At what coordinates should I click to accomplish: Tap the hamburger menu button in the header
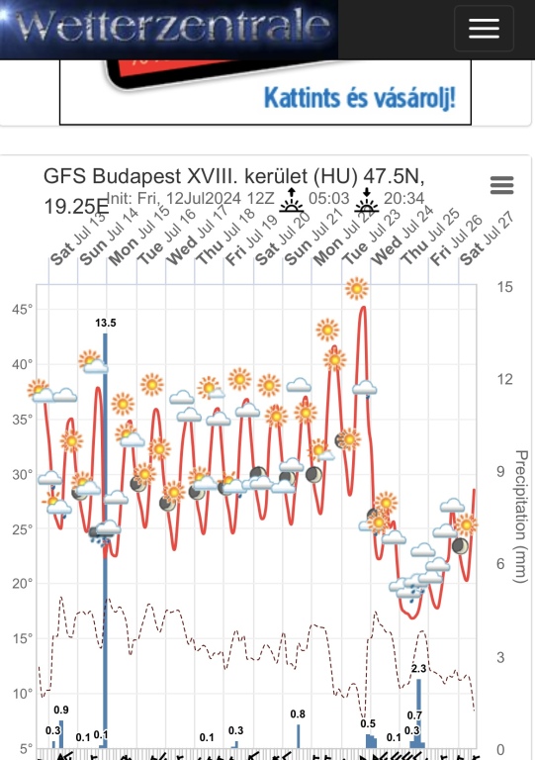point(484,29)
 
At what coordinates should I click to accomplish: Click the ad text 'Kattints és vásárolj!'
point(360,99)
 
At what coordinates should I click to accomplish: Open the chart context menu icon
point(501,185)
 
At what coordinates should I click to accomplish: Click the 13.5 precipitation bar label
point(105,323)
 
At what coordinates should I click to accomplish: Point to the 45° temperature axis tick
point(22,309)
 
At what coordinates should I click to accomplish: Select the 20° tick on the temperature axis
point(22,583)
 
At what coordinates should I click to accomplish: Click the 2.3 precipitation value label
point(418,670)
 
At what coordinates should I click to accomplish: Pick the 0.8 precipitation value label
point(298,713)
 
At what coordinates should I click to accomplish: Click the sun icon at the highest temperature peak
point(357,288)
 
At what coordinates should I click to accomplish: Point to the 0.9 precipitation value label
point(61,710)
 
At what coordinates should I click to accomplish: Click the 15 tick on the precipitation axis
point(504,288)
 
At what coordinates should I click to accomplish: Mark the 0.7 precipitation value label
point(414,715)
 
